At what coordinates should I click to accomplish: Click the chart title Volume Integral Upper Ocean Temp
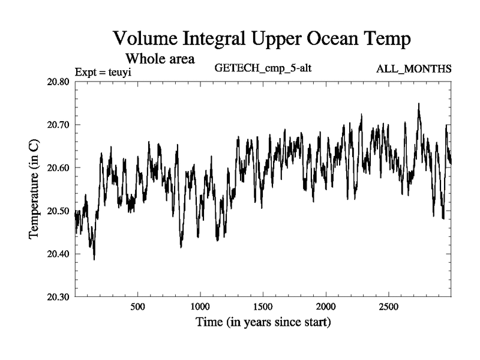262,40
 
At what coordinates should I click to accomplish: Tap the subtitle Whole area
160,59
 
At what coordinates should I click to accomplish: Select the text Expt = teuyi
103,73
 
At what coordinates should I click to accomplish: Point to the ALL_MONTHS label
413,69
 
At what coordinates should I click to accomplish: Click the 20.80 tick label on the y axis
56,82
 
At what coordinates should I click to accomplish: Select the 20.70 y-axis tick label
56,125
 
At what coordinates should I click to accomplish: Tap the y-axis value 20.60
56,168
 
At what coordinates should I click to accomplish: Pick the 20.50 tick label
56,211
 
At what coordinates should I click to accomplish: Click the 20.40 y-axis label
56,254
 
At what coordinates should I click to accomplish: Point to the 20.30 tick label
56,297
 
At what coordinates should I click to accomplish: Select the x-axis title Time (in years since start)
263,322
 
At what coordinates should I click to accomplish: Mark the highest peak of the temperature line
418,104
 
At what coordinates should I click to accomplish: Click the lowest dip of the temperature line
94,259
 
